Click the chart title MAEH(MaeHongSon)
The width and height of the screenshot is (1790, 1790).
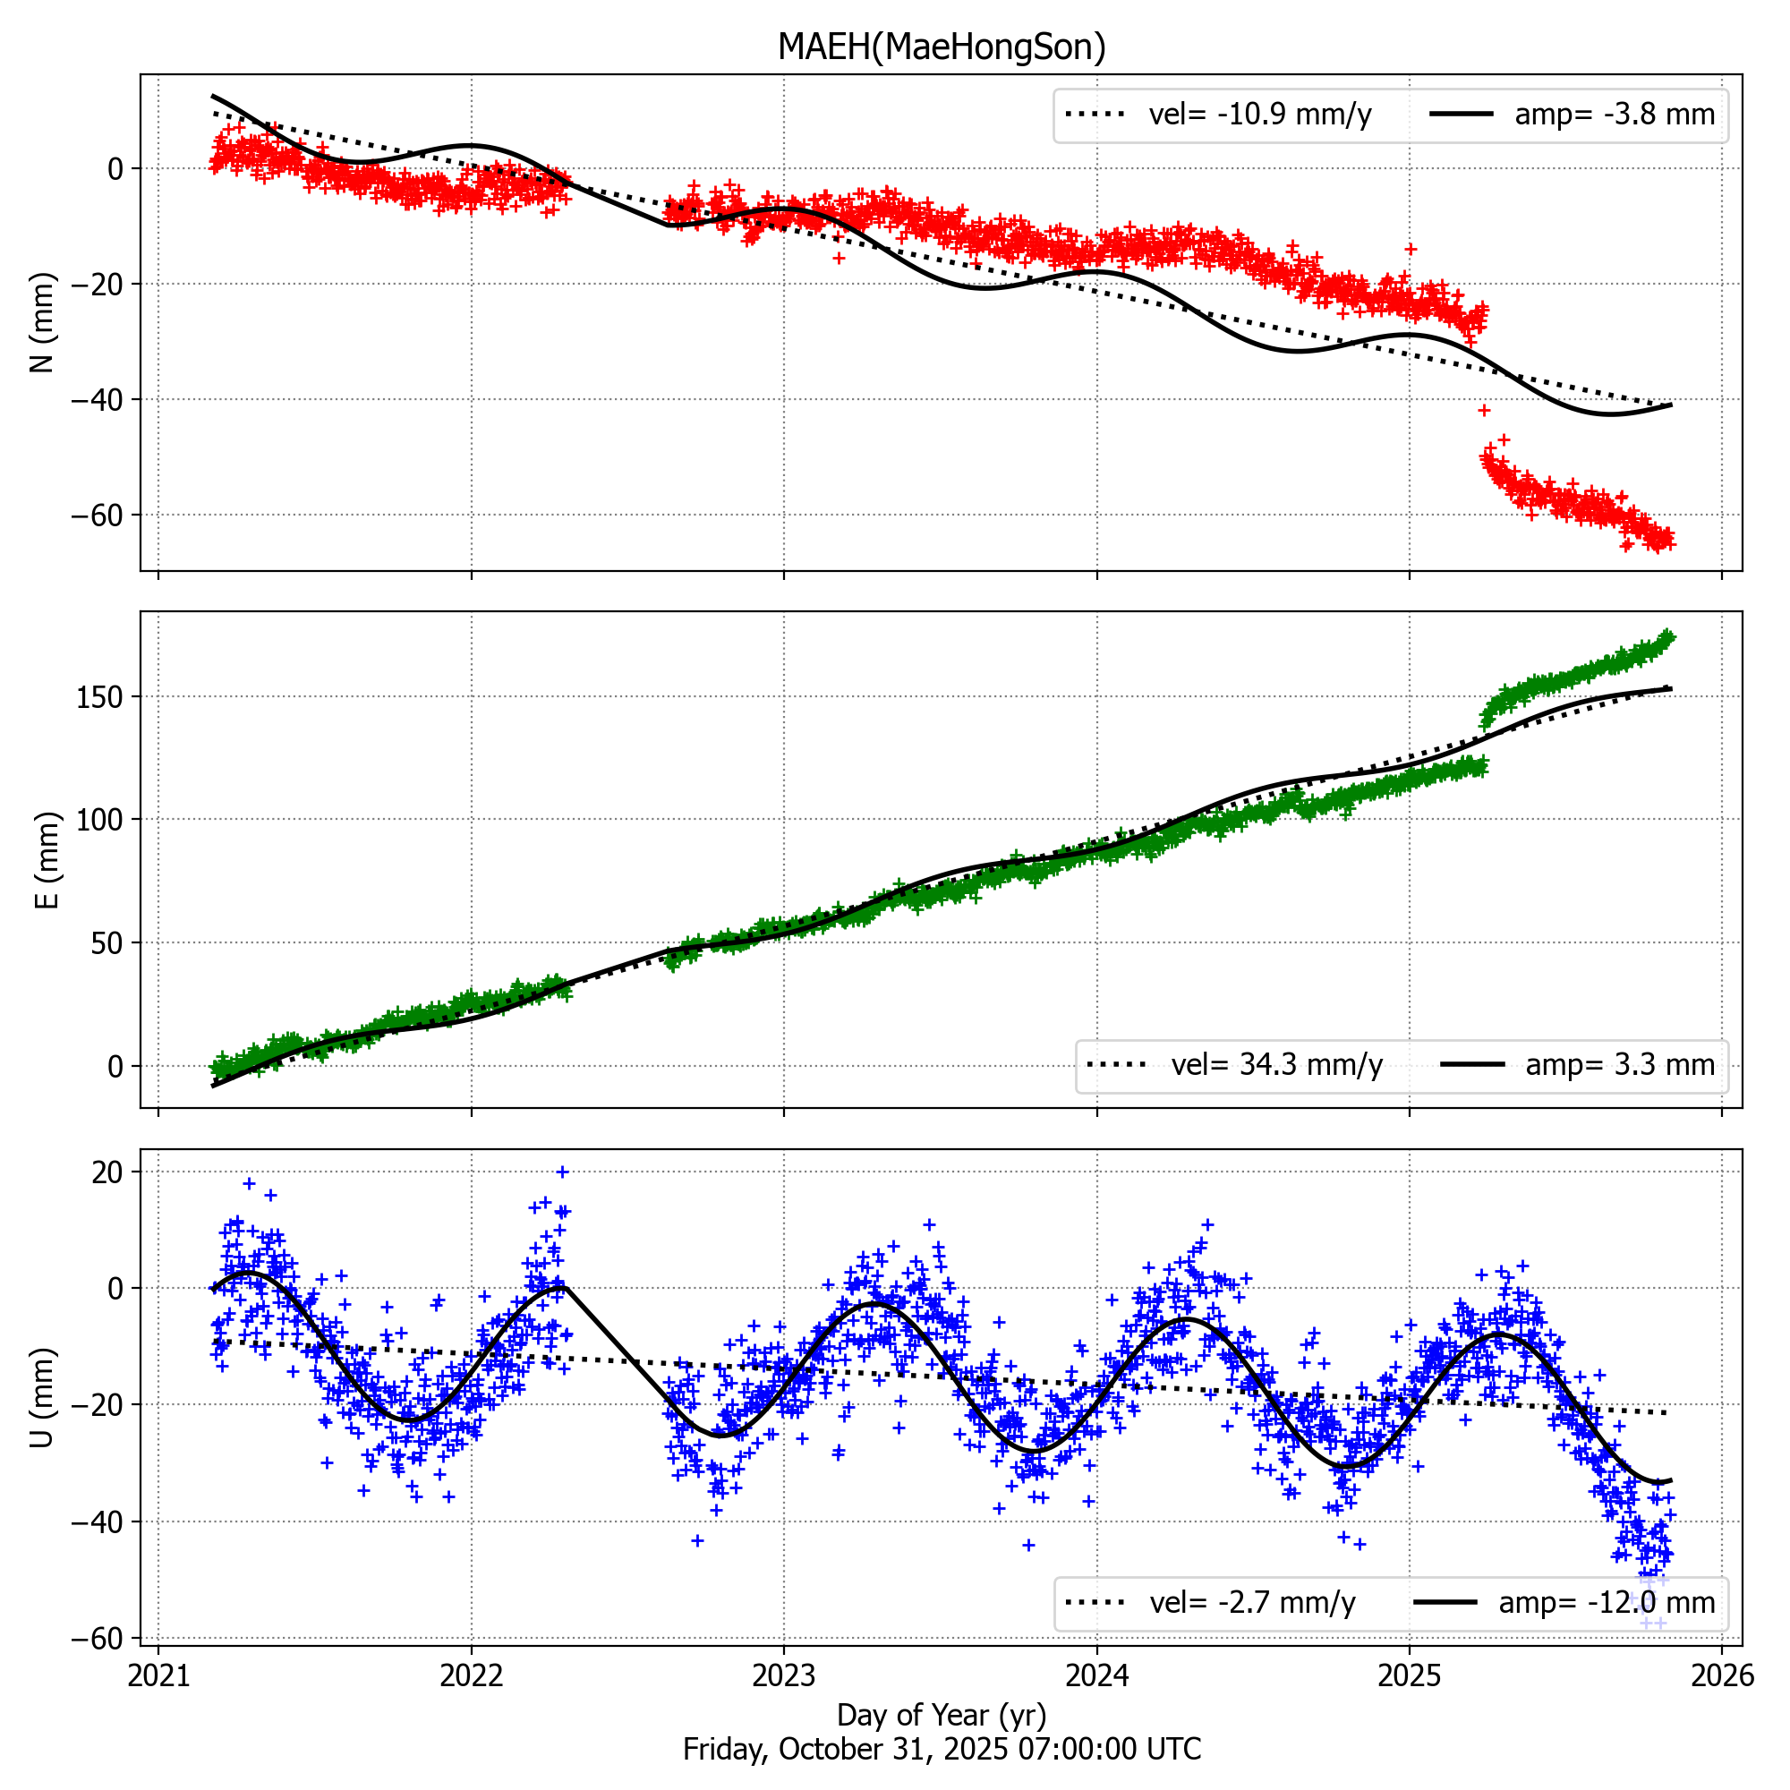pyautogui.click(x=942, y=47)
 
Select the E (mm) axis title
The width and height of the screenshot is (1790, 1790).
pyautogui.click(x=47, y=860)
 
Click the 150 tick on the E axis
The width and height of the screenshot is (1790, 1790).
pyautogui.click(x=101, y=696)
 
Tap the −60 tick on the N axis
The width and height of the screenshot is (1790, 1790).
pyautogui.click(x=97, y=516)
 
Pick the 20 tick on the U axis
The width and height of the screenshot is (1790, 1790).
pyautogui.click(x=107, y=1172)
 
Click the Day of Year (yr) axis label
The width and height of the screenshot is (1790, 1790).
pyautogui.click(x=942, y=1715)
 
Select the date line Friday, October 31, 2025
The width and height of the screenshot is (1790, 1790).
pyautogui.click(x=942, y=1749)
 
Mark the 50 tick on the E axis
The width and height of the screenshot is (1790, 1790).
pyautogui.click(x=107, y=943)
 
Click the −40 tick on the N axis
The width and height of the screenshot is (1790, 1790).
pyautogui.click(x=97, y=400)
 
